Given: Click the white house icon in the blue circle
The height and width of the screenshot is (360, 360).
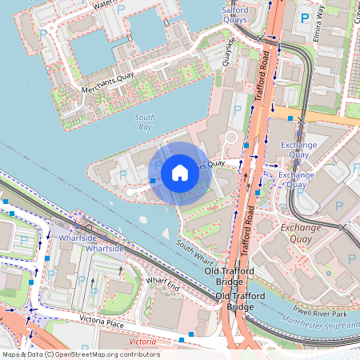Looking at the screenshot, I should pos(179,173).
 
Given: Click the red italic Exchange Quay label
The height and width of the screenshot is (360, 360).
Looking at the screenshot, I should pos(301,232).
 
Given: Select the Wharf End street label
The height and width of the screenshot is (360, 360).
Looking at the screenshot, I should pos(162,284).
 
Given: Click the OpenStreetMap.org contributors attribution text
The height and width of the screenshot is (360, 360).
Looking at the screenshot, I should pos(108,354).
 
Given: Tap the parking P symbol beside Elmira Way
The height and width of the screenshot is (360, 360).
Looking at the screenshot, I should pos(304,18).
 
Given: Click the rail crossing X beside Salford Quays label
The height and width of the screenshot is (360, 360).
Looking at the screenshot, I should pos(260,38).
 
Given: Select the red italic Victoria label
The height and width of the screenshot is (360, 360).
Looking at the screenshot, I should pos(142,342).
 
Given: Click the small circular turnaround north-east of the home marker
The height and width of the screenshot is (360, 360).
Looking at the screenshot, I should pos(231,138).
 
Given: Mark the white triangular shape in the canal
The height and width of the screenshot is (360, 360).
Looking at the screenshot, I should pos(165,234).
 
